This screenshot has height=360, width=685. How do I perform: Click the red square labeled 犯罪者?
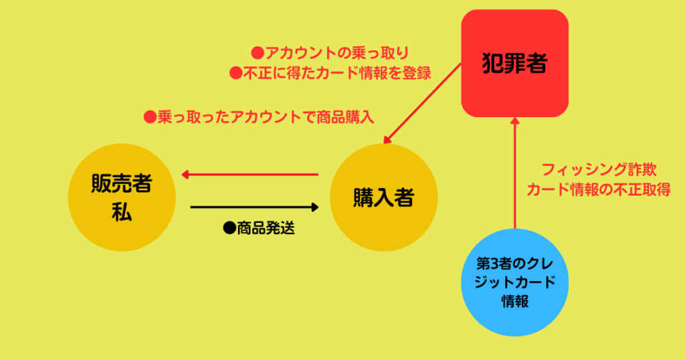[x=514, y=64]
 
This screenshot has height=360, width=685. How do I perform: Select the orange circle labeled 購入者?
[x=383, y=197]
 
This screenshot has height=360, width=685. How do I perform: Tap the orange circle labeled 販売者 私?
[x=122, y=197]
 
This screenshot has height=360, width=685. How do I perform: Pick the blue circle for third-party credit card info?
[x=514, y=282]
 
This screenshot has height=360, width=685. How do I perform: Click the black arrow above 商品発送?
[x=255, y=207]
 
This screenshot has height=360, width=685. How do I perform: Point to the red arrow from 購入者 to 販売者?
[x=250, y=175]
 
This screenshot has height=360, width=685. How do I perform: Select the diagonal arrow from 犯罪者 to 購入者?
[x=422, y=104]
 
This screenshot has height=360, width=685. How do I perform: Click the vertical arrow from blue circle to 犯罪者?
[x=515, y=173]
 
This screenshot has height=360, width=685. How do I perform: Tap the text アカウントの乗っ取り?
[x=337, y=53]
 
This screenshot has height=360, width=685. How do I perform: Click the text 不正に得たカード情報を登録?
[x=337, y=73]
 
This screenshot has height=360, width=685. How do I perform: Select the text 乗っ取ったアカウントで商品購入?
[x=266, y=116]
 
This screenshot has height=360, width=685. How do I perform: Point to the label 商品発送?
[x=266, y=228]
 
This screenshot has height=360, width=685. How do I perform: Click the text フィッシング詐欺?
[x=599, y=169]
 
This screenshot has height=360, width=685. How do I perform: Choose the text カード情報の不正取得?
[x=599, y=189]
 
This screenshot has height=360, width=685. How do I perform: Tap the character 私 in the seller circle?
[x=122, y=213]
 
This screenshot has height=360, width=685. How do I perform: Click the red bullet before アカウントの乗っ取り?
[x=258, y=54]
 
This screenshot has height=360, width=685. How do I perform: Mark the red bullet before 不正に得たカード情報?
[x=236, y=73]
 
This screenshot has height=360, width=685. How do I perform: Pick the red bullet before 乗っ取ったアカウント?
[x=150, y=116]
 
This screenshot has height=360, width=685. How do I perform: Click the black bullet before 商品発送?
[x=229, y=228]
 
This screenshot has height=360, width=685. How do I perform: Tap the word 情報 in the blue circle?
[x=515, y=301]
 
